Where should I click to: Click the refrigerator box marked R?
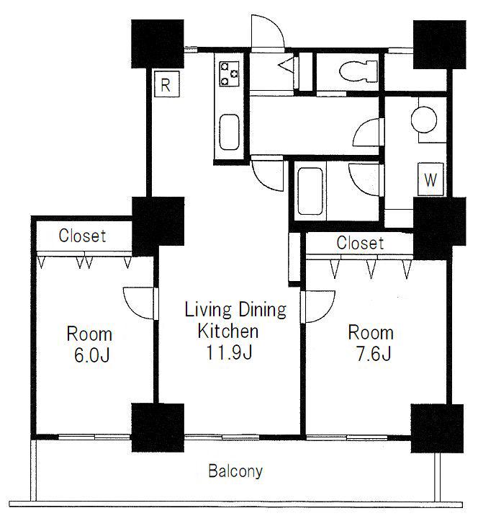coord(167,84)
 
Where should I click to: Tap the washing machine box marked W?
coord(430,179)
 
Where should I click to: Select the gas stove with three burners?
coord(229,74)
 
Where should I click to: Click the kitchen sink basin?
coord(230,132)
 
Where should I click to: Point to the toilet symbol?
coord(358,71)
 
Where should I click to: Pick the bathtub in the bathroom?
coord(310,191)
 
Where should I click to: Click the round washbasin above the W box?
coord(424,120)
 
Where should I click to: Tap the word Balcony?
coord(235,471)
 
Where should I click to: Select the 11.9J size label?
coord(229,352)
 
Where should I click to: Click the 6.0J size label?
coord(91,355)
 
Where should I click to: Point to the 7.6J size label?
coord(373,354)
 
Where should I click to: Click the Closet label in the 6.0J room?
coord(82,236)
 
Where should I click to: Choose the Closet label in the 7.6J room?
coord(360,243)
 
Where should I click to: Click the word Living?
coord(208,310)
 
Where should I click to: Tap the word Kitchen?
coord(228,331)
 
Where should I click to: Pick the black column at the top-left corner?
coord(158,44)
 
